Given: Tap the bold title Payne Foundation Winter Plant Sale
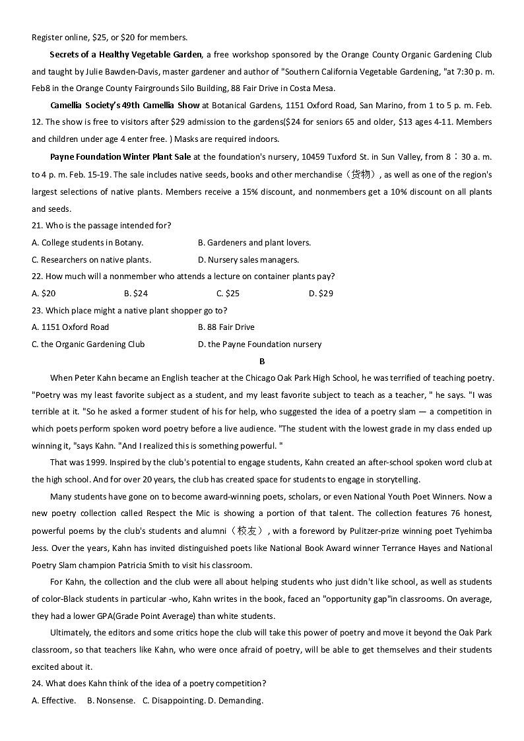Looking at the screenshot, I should click(120, 156).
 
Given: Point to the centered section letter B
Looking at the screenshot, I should click(262, 361).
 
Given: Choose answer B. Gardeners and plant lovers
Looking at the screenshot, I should click(254, 242).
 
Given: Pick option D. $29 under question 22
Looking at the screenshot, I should click(321, 293).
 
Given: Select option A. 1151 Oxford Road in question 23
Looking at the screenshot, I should click(70, 327).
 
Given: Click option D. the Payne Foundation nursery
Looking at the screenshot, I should click(259, 344).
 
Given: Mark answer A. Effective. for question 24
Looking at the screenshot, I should click(53, 700).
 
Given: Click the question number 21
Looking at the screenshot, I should click(37, 225).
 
